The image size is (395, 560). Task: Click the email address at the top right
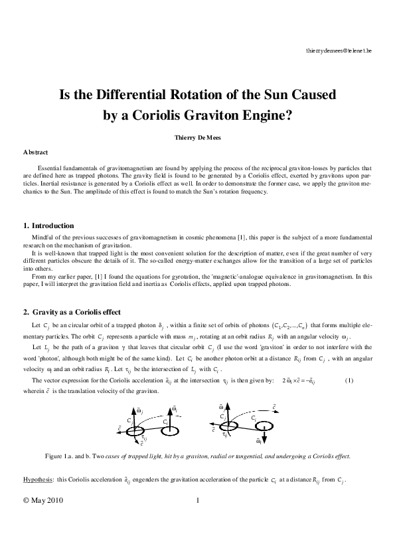(339, 51)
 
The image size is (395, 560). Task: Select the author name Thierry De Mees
(197, 138)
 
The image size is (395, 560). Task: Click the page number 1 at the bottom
(198, 501)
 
